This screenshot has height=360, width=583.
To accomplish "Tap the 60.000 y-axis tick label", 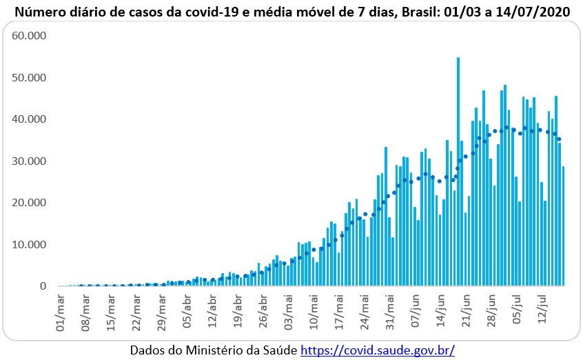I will click(29, 35).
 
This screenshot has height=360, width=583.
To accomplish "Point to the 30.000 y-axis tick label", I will click(29, 161).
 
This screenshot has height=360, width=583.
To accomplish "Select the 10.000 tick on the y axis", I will click(29, 244).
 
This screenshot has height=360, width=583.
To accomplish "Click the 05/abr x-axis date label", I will click(178, 305).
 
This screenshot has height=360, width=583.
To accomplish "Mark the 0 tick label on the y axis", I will click(43, 286).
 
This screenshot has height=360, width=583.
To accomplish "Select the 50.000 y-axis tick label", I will click(29, 77).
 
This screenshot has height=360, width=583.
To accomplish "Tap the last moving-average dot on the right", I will click(559, 139).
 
